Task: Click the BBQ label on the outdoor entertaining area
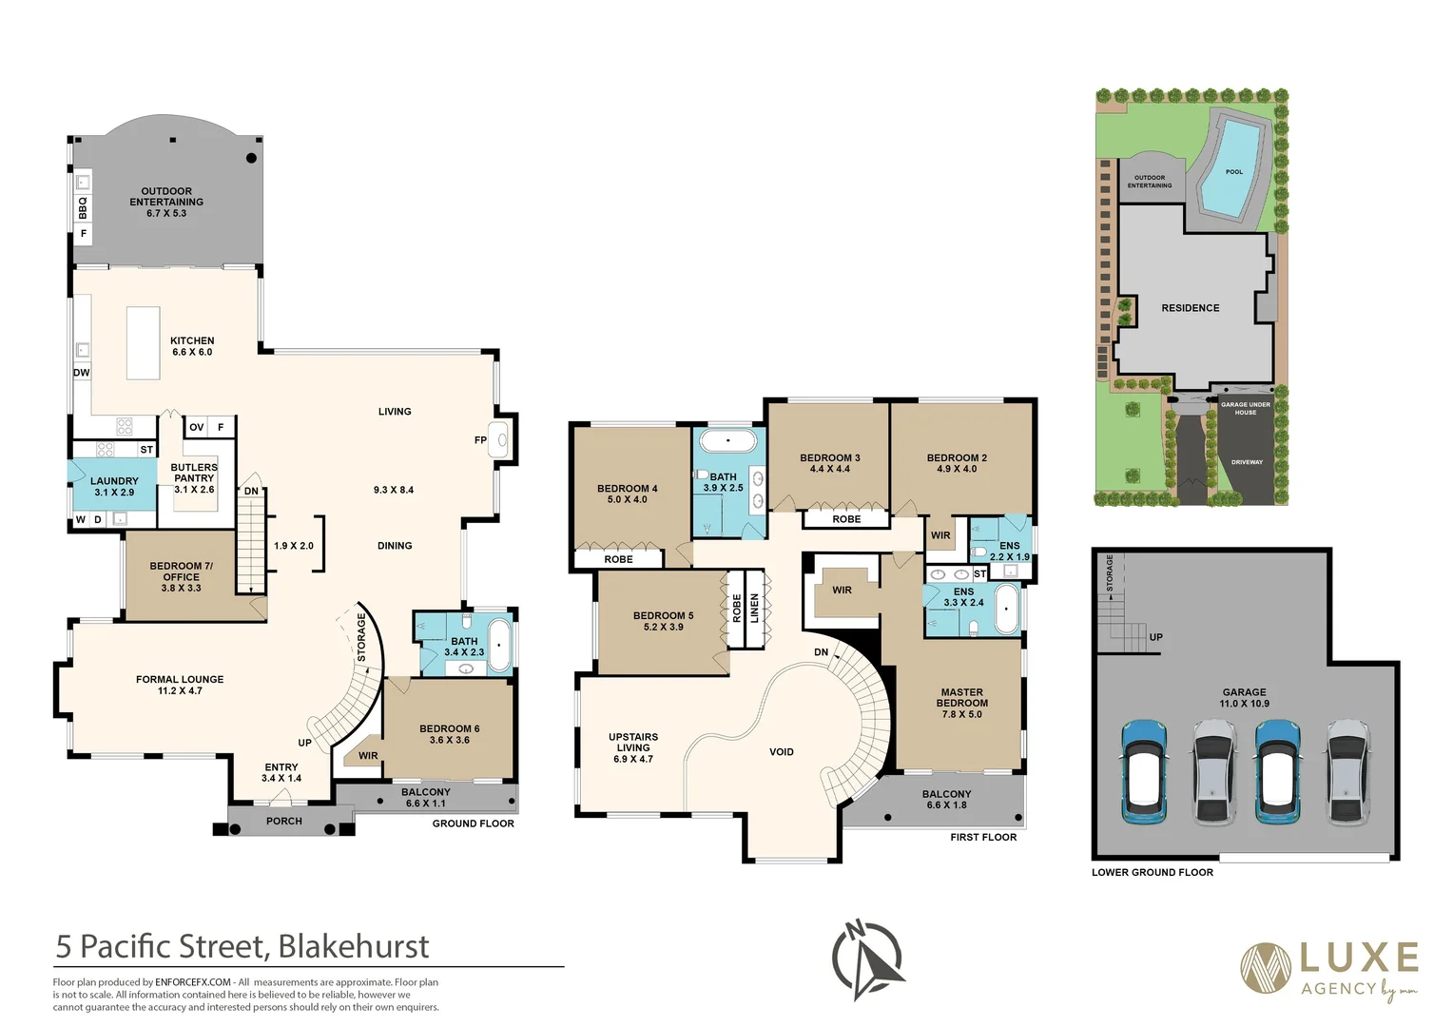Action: coord(83,206)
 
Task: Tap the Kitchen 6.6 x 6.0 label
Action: coord(192,346)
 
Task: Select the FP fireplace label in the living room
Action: coord(480,440)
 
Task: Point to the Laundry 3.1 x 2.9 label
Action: coord(114,487)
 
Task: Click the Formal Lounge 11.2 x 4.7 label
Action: coord(180,685)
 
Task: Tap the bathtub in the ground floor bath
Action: coord(500,644)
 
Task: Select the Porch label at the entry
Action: coord(283,822)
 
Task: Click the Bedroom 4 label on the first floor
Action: coord(627,494)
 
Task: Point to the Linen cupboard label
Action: coord(755,609)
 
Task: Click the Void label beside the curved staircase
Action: coord(781,752)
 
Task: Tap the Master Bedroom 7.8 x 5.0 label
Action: coord(961,704)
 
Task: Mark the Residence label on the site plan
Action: coord(1190,308)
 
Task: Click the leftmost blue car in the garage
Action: coord(1144,771)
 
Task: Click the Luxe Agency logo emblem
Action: coord(1266,968)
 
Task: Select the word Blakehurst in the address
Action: coord(353,947)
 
